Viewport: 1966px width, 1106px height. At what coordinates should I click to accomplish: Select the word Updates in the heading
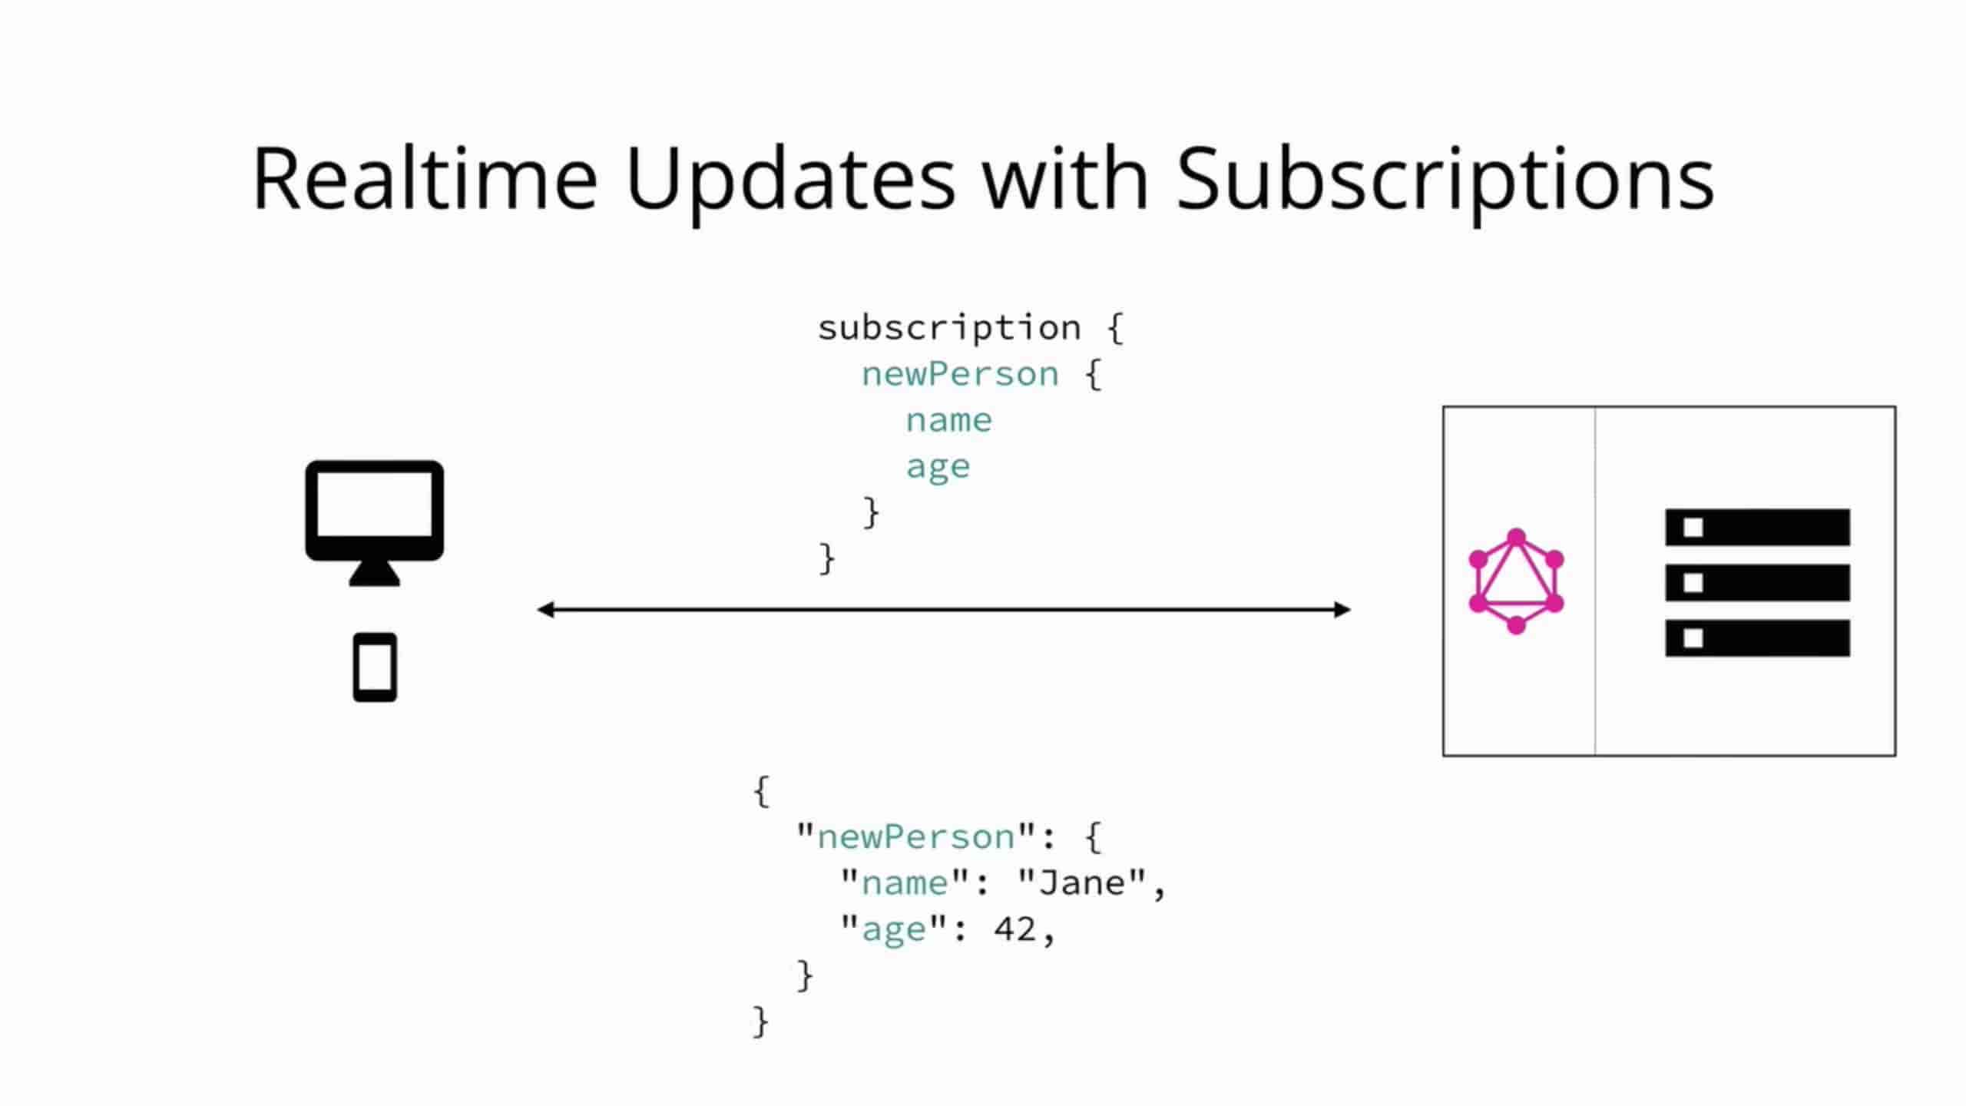(x=790, y=185)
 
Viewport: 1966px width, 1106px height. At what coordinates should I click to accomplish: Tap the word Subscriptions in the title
(x=1445, y=185)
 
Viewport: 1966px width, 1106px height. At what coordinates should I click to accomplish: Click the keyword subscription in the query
(x=949, y=329)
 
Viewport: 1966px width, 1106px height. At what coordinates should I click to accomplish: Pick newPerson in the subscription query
(x=960, y=375)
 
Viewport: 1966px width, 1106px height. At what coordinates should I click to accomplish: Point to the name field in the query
(x=949, y=421)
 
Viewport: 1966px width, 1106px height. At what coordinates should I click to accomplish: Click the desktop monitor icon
(x=375, y=522)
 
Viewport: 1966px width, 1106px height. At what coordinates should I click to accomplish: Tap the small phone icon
(x=375, y=667)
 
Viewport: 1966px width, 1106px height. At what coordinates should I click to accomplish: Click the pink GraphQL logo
(x=1516, y=581)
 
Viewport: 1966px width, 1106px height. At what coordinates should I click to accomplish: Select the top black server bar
(x=1757, y=528)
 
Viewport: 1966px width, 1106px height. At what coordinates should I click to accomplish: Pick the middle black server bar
(x=1757, y=583)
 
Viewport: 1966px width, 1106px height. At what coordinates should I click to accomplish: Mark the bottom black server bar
(x=1757, y=638)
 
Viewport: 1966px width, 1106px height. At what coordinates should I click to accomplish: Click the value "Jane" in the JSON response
(x=1082, y=882)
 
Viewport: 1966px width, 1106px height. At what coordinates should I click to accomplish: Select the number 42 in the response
(x=1015, y=929)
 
